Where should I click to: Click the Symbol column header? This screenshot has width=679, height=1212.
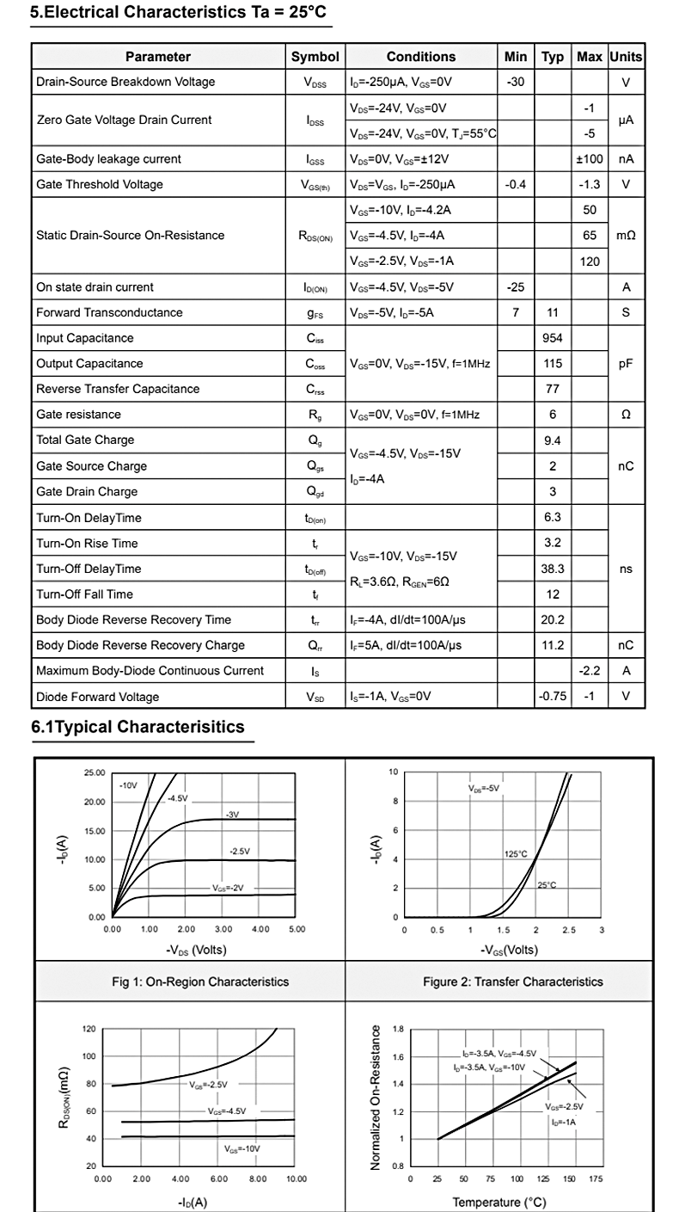pyautogui.click(x=315, y=57)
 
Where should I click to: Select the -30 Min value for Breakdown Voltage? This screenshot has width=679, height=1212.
pyautogui.click(x=516, y=83)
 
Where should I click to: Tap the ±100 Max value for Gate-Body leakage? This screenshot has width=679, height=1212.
pyautogui.click(x=590, y=159)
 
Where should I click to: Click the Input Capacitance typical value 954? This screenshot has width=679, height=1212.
pyautogui.click(x=553, y=338)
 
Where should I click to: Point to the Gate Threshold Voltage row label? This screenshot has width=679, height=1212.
pyautogui.click(x=100, y=185)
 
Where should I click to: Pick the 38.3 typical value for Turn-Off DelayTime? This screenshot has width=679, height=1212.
pyautogui.click(x=553, y=569)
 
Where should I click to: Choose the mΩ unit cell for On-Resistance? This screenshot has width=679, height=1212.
pyautogui.click(x=626, y=236)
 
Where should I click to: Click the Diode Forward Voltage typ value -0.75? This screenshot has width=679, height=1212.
pyautogui.click(x=553, y=697)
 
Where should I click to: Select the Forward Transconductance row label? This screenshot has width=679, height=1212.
pyautogui.click(x=109, y=313)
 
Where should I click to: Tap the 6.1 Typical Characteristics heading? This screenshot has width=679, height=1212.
pyautogui.click(x=138, y=728)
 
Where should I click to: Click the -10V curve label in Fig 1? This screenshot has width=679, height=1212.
pyautogui.click(x=128, y=786)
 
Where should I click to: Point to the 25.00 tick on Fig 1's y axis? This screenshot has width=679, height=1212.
pyautogui.click(x=95, y=772)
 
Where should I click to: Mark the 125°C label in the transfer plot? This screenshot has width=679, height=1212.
pyautogui.click(x=516, y=854)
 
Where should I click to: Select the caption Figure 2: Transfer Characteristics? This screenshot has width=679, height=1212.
pyautogui.click(x=513, y=981)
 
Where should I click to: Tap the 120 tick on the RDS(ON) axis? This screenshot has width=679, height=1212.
pyautogui.click(x=89, y=1029)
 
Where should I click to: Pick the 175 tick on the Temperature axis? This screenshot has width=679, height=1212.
pyautogui.click(x=596, y=1179)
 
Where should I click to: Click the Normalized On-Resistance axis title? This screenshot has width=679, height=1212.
pyautogui.click(x=376, y=1097)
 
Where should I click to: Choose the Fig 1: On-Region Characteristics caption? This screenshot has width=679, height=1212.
pyautogui.click(x=200, y=981)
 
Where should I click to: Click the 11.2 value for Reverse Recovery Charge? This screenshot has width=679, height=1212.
pyautogui.click(x=553, y=646)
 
